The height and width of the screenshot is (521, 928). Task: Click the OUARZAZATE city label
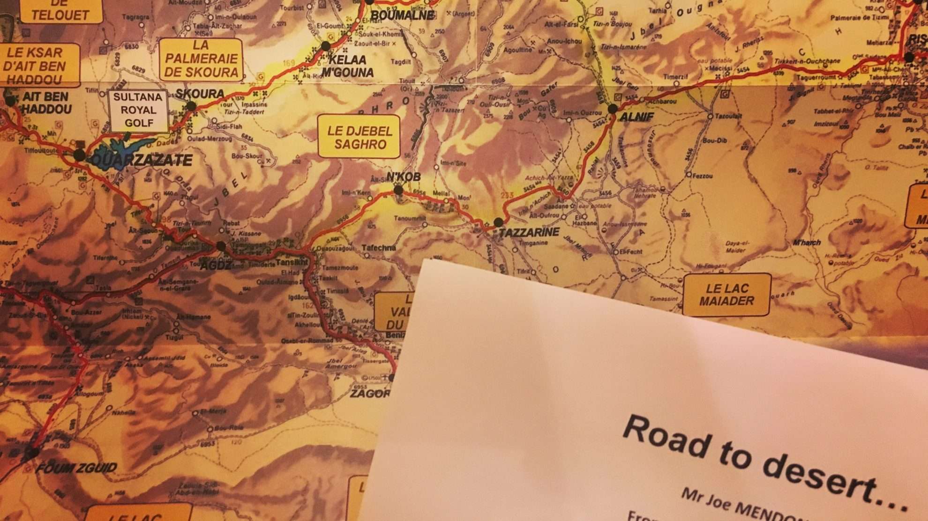(x=141, y=161)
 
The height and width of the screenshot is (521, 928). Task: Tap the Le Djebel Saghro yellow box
(x=359, y=137)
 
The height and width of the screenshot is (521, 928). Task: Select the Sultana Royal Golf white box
(x=138, y=110)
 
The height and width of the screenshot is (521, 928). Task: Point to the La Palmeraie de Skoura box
(x=201, y=59)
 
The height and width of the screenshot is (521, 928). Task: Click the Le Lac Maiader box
(x=726, y=294)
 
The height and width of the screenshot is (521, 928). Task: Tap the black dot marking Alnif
(x=613, y=109)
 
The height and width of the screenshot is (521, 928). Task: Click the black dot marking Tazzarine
(x=499, y=221)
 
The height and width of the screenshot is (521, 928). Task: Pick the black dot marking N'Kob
(x=398, y=190)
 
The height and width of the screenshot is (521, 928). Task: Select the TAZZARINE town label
(x=529, y=232)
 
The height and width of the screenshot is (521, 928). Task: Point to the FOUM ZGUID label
(x=76, y=468)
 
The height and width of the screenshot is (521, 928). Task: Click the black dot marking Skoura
(x=191, y=106)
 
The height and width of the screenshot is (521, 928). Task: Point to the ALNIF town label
(x=636, y=117)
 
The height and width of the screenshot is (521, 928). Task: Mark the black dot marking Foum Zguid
(x=33, y=453)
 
